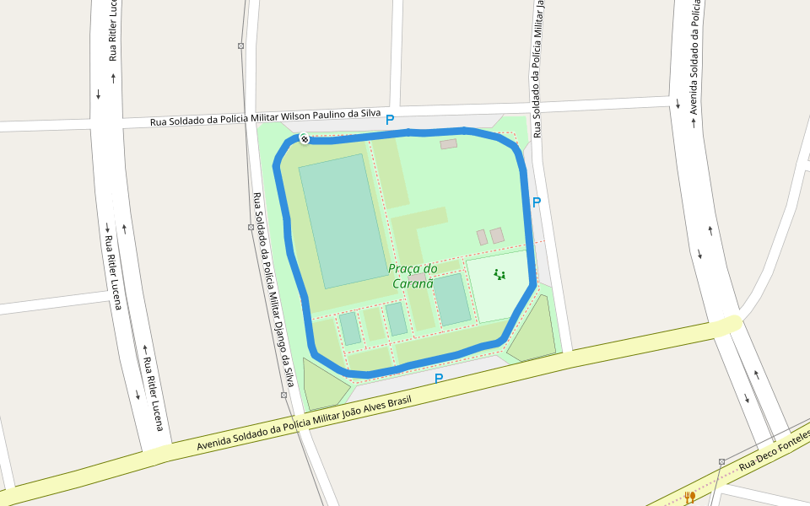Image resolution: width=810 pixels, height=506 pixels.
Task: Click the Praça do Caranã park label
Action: point(413,276)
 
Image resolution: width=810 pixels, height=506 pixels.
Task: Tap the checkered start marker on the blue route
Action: point(303,139)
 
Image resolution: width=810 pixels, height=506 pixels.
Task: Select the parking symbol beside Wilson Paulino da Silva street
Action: point(390,121)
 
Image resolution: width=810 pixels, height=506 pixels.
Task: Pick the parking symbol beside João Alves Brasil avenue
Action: point(438,379)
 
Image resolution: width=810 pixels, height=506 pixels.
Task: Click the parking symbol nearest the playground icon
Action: point(536,202)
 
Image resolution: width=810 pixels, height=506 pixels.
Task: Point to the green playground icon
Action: point(499,274)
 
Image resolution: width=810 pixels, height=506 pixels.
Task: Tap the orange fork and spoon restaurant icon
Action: point(689,498)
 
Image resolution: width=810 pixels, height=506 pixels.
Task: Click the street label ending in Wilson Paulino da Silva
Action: point(265,118)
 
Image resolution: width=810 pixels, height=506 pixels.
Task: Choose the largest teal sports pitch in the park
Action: point(343,221)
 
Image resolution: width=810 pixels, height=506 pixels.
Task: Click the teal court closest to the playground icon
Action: point(452,299)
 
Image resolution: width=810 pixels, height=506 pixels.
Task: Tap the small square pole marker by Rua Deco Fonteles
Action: point(722,462)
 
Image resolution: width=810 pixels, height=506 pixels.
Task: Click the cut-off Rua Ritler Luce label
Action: point(112,30)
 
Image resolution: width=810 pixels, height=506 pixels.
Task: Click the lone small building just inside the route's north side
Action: point(448,144)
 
